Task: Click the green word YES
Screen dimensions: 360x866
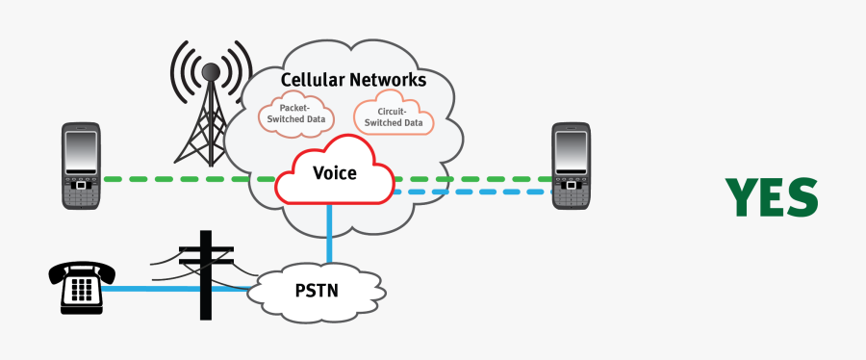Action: tap(772, 197)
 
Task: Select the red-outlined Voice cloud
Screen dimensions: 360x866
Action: tap(334, 173)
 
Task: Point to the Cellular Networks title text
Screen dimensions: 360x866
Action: tap(353, 80)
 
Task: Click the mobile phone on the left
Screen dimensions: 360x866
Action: tap(82, 166)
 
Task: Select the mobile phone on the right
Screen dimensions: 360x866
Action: tap(571, 166)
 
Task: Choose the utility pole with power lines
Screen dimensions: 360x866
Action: tap(205, 274)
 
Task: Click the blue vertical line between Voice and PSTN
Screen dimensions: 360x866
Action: tap(329, 231)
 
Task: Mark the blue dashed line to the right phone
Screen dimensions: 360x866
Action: tap(471, 193)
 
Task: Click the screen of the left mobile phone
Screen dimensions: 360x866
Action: tap(82, 152)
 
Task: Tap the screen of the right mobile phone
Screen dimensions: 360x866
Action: tap(571, 152)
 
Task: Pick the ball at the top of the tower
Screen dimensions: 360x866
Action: tap(209, 71)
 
